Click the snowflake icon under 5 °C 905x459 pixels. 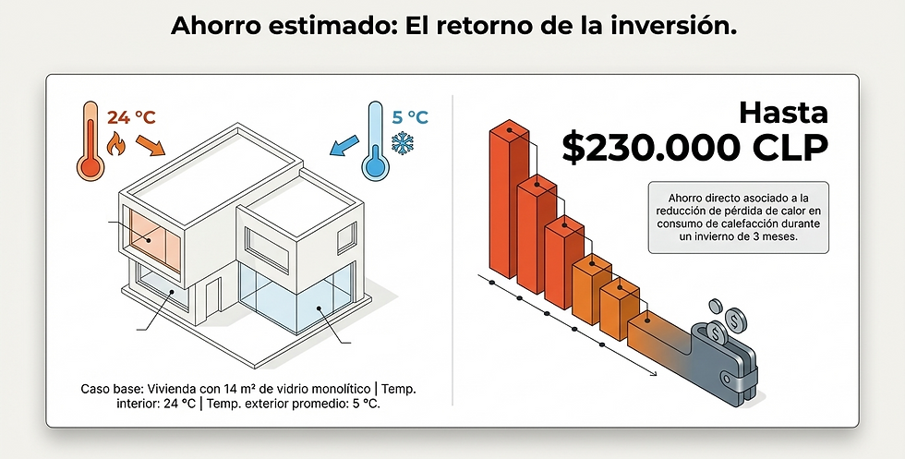[x=403, y=144]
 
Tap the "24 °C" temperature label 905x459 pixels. [x=132, y=117]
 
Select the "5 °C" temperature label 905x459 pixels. [x=410, y=117]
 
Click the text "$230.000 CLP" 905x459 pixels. [x=695, y=148]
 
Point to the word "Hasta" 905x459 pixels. [x=783, y=114]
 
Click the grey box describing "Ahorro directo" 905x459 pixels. [x=738, y=217]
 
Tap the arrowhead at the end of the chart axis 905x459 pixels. [x=653, y=373]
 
